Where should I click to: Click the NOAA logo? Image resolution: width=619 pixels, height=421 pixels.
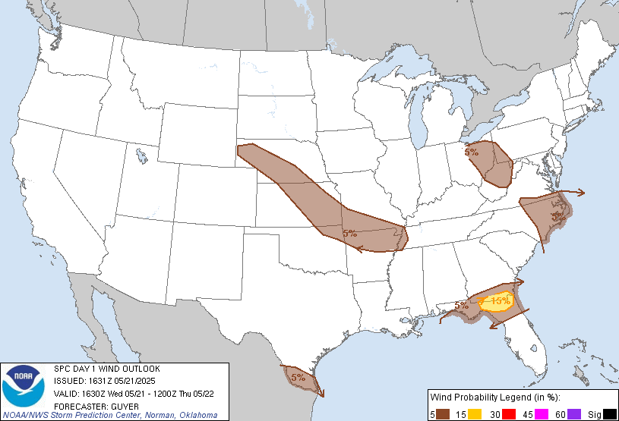coord(24,386)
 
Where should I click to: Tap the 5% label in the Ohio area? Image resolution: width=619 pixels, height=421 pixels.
coord(472,152)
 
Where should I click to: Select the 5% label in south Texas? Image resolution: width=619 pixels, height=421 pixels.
coord(298,376)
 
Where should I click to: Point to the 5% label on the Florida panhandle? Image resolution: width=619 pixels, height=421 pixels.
coord(461,306)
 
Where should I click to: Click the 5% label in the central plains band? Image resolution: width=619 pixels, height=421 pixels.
coord(350,234)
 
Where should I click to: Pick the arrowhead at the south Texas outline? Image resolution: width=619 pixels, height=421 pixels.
coord(322,393)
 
